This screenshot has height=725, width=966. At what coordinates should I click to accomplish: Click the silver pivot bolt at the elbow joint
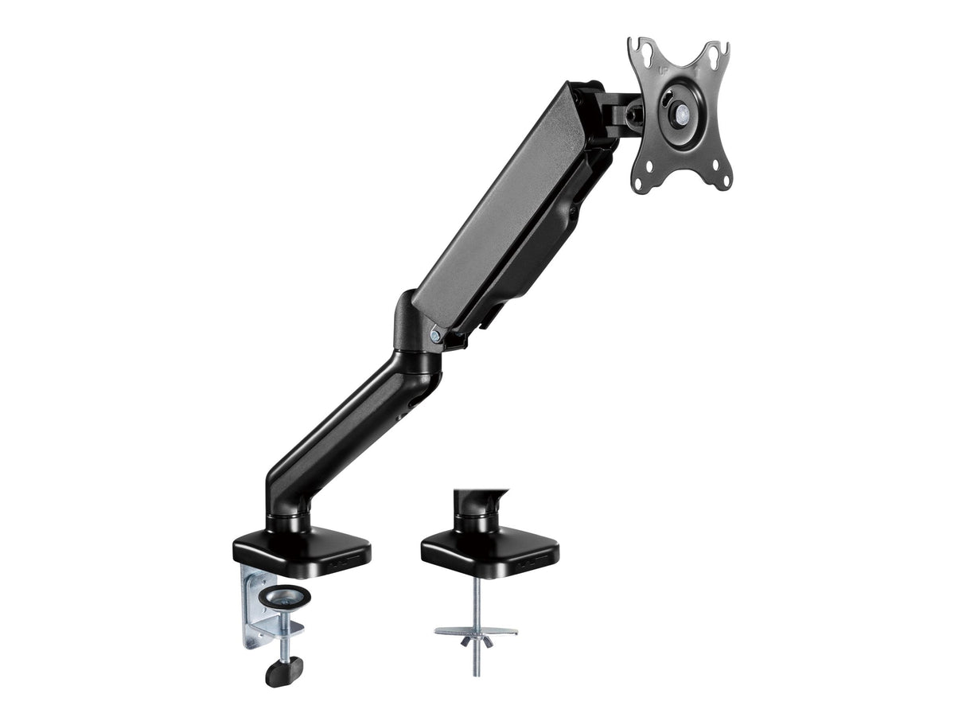434,336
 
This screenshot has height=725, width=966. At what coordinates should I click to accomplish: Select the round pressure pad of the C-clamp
289,594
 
